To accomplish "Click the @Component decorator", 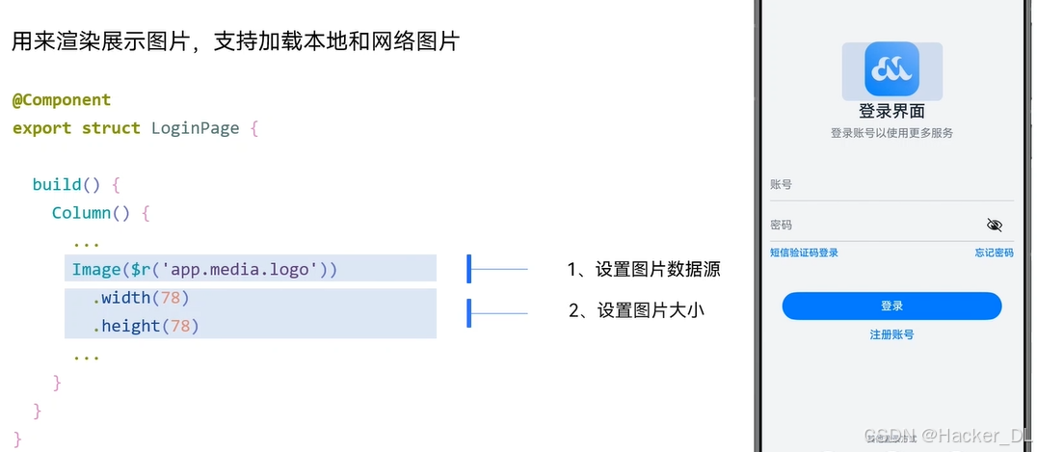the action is click(62, 100).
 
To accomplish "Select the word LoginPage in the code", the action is click(195, 128).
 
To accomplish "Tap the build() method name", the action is click(66, 184).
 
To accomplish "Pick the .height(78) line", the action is click(146, 326).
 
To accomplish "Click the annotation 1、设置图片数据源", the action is click(643, 270).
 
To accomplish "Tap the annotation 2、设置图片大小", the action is click(636, 310).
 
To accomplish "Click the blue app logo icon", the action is click(891, 68).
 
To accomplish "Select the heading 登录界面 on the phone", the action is click(891, 111).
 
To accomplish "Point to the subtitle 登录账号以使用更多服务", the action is click(891, 133).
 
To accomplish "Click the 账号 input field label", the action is click(781, 184).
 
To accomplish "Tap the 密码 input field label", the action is click(781, 225).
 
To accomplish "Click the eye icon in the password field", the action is click(995, 225).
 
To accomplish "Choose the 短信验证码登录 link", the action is click(804, 253).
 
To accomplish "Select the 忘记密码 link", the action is click(994, 253).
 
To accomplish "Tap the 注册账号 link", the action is click(891, 334).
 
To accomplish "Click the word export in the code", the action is click(41, 128).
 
